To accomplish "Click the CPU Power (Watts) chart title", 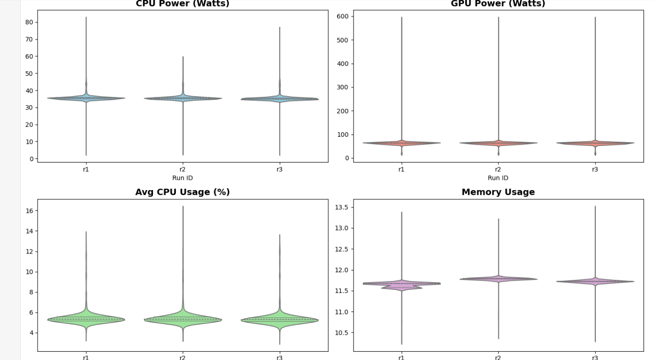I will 182,4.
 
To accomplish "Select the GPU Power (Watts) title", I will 498,4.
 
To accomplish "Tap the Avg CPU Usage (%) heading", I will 182,192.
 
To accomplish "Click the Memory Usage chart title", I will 498,192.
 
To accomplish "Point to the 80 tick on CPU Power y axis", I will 29,22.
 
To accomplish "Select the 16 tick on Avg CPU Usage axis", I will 29,211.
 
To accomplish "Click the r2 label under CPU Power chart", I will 183,169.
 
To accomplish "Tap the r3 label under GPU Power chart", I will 595,169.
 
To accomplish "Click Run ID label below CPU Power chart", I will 182,178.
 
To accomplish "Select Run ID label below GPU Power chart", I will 498,178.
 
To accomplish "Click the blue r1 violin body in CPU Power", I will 86,98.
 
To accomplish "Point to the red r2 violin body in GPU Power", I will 498,143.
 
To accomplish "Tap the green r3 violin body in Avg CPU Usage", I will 280,320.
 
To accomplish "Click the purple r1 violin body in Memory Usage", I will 402,284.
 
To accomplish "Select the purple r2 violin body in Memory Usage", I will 498,278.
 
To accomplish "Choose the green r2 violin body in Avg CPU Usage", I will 183,319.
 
